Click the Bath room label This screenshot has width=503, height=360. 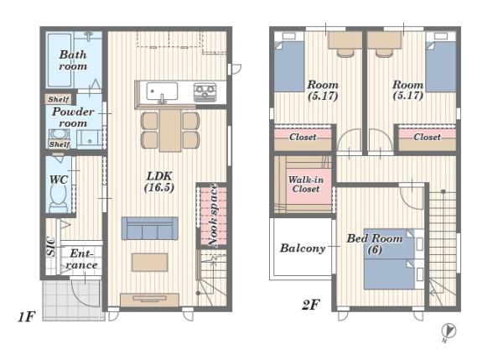(73, 60)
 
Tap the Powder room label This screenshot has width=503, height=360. (73, 117)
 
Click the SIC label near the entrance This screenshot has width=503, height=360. (50, 247)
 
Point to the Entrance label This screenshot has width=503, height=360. (81, 259)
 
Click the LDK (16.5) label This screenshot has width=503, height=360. (159, 181)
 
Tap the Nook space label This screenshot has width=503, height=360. (213, 216)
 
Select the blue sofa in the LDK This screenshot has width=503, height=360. (149, 228)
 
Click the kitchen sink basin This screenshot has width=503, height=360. (162, 91)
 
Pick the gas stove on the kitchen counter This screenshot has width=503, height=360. (205, 91)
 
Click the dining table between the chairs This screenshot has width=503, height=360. (170, 130)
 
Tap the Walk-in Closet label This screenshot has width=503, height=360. (306, 185)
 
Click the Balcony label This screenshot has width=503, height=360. (303, 248)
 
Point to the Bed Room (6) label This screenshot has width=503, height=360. (375, 243)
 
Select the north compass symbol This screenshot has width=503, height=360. (449, 331)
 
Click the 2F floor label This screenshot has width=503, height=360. (310, 305)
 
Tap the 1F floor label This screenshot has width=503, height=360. (26, 317)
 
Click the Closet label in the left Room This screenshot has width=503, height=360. (303, 137)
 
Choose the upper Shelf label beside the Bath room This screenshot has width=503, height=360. (59, 99)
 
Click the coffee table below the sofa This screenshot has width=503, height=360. (149, 262)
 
